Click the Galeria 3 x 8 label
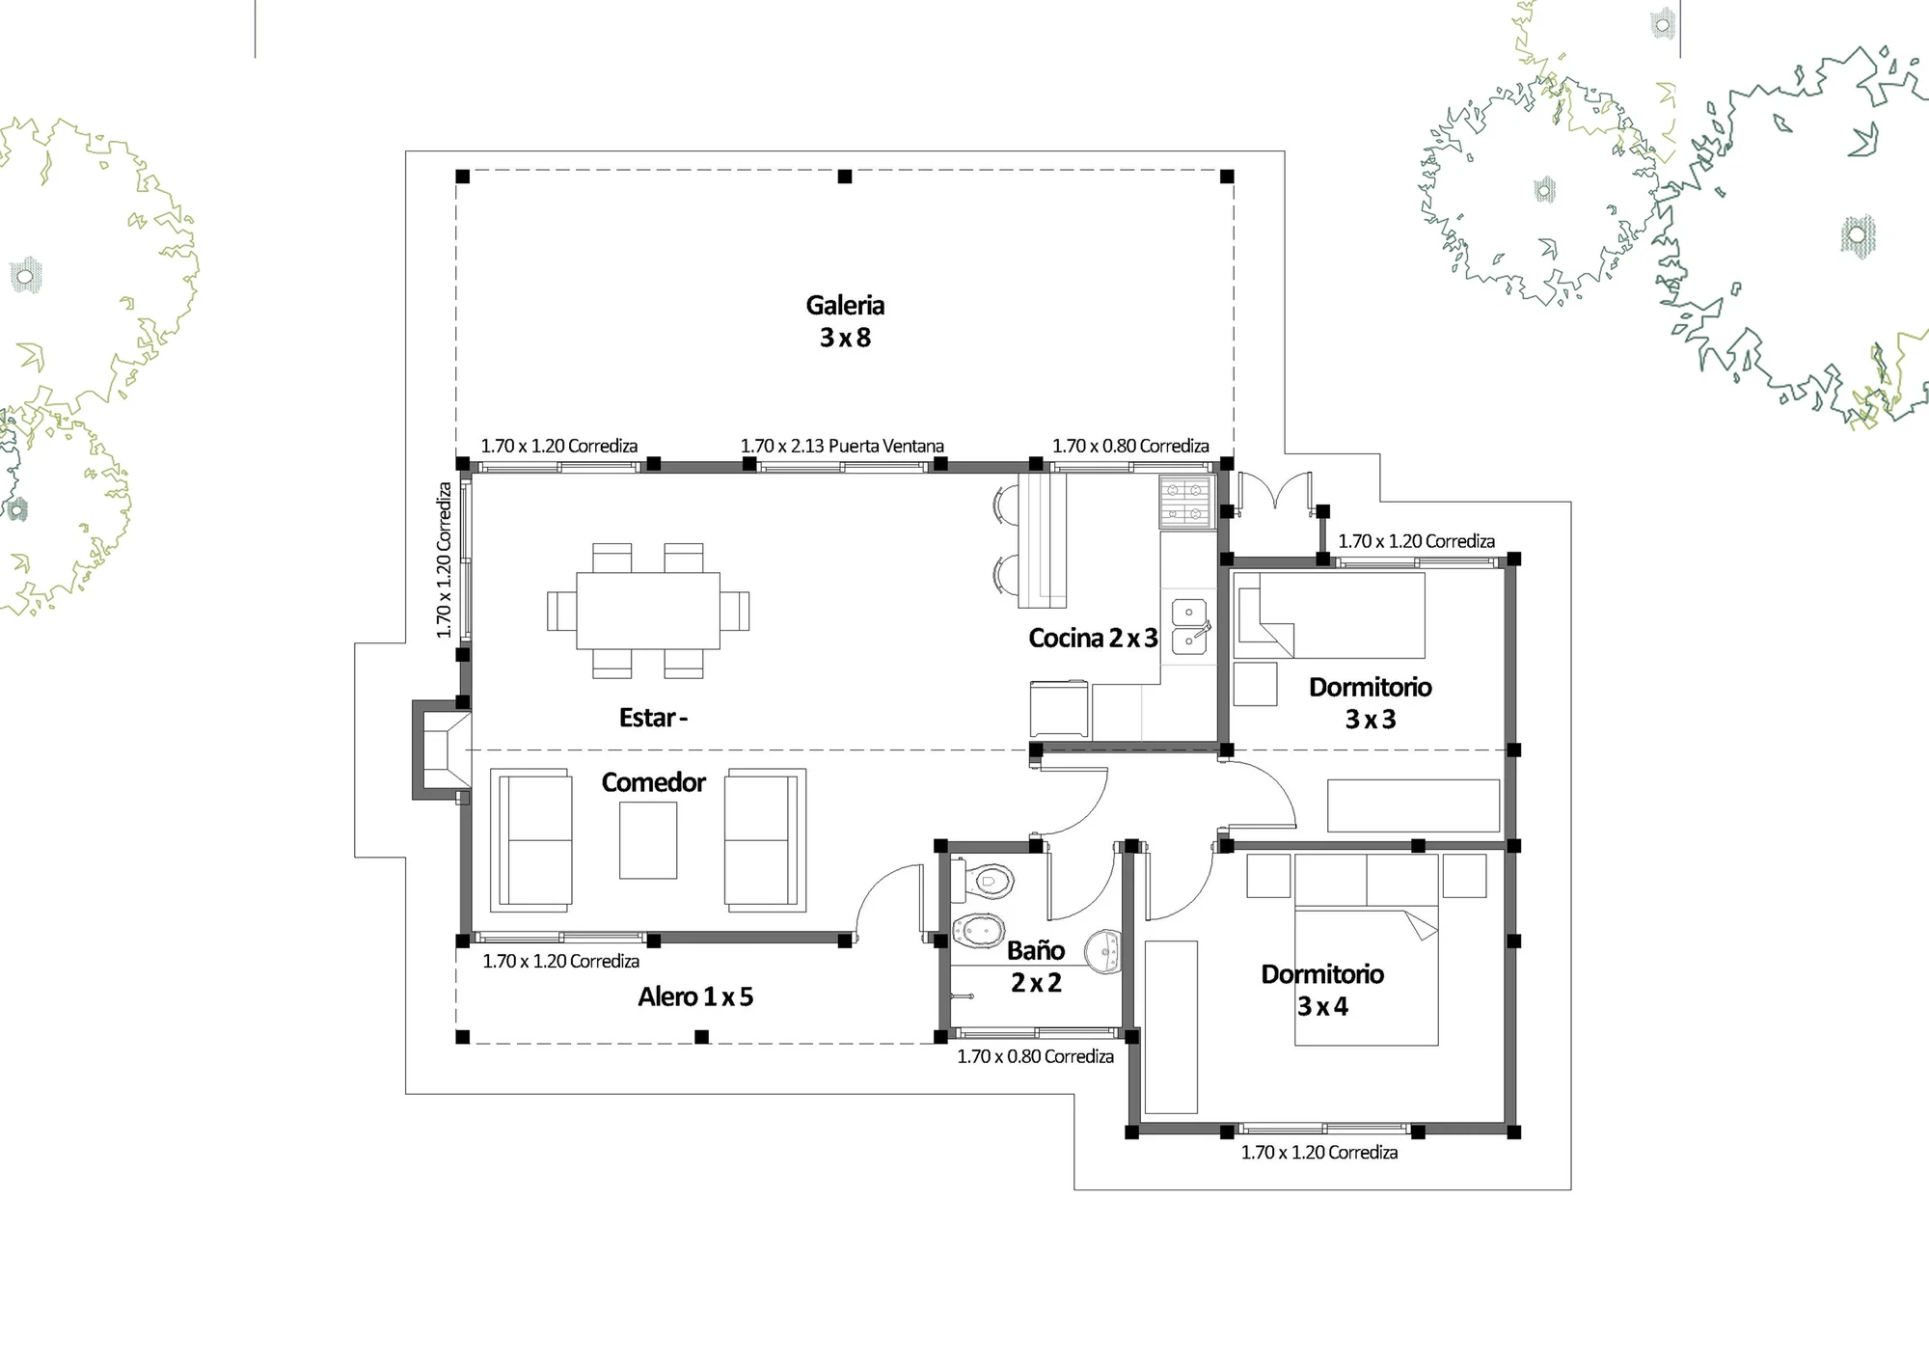tap(845, 321)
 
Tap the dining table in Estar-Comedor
tap(648, 611)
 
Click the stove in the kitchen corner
tap(1185, 502)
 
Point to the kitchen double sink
tap(1189, 627)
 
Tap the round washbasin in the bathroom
tap(1102, 951)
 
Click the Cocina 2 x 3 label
tap(1093, 638)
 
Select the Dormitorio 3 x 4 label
tap(1322, 990)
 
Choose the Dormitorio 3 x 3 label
tap(1371, 702)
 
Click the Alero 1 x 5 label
tap(695, 996)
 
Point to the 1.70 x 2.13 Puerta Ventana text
tap(842, 446)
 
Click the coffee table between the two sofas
tap(648, 840)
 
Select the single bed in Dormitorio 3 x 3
tap(1329, 615)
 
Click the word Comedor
tap(654, 782)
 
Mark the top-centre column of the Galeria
tap(845, 177)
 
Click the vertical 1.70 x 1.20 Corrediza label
tap(444, 560)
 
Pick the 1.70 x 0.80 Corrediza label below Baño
tap(1035, 1056)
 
